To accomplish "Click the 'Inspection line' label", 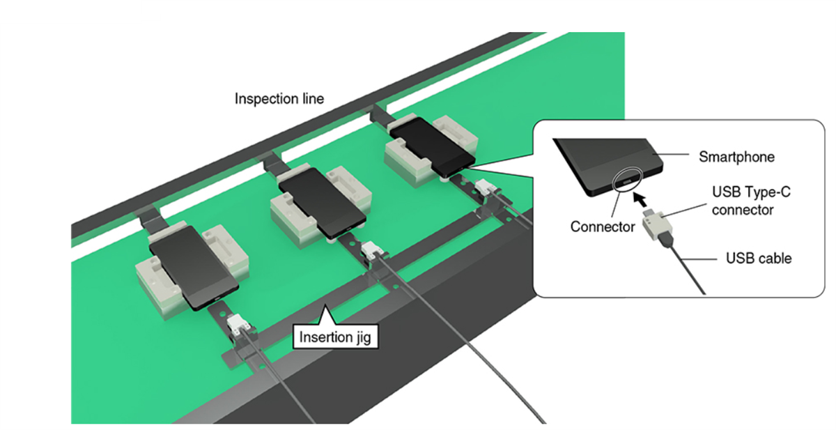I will click(279, 98).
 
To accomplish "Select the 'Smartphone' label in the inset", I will click(736, 157).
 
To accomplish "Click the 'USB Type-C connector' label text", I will click(742, 200).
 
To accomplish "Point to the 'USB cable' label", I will click(758, 259).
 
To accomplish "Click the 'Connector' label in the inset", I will click(602, 226).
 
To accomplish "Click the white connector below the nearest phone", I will click(237, 325).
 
